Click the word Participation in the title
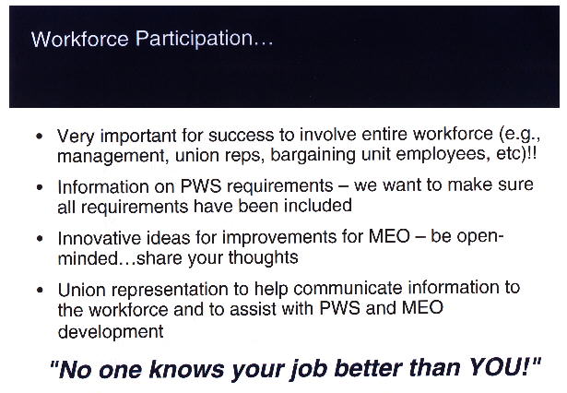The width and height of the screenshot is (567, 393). [205, 40]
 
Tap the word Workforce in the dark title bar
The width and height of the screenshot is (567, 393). [79, 39]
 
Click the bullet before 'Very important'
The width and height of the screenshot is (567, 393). [40, 137]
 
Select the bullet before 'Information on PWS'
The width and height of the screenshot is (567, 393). [40, 187]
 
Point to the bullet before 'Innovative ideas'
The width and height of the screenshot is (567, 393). [40, 239]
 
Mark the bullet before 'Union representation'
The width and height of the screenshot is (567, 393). [40, 290]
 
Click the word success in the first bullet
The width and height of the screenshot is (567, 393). [241, 136]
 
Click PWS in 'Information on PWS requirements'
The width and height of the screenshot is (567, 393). [201, 186]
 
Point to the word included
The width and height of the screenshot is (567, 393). [318, 206]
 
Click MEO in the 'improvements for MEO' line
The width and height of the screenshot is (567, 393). [389, 237]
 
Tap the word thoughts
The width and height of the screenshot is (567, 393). [263, 258]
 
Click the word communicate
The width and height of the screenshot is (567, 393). [348, 289]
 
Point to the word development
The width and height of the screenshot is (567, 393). [111, 332]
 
